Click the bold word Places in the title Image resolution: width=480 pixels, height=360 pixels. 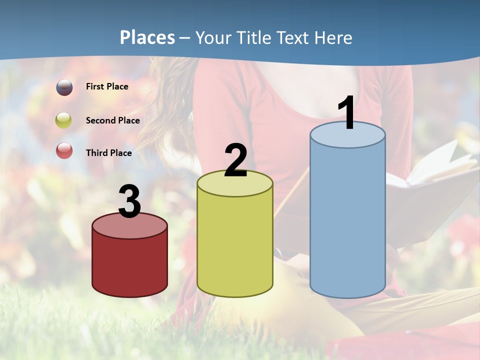[147, 37]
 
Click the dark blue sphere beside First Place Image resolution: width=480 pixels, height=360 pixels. [64, 87]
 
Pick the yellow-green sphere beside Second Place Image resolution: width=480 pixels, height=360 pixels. [64, 120]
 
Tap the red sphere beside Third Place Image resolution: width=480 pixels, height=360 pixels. [64, 150]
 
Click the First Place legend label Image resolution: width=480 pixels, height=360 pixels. [107, 86]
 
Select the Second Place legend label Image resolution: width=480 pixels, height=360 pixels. [112, 120]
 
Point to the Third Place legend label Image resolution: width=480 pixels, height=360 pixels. [108, 153]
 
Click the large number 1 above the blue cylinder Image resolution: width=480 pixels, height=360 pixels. [347, 113]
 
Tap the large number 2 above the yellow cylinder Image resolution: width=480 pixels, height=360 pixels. [235, 160]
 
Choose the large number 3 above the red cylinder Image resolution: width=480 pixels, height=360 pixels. [129, 202]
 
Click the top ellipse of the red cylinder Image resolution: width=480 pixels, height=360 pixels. [129, 226]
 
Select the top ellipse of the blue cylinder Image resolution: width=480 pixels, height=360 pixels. [347, 135]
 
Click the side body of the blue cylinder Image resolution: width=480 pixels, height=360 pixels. [347, 220]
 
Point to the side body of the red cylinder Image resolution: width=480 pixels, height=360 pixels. [129, 265]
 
